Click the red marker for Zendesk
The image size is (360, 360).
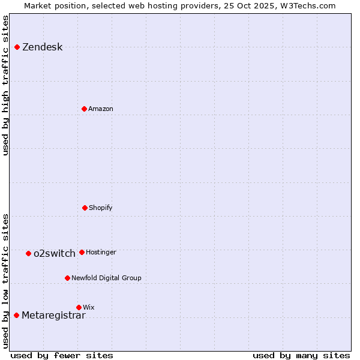click(x=17, y=47)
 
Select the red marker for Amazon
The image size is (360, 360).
click(x=85, y=109)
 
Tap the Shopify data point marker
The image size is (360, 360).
click(x=85, y=208)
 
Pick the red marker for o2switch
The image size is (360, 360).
click(x=28, y=253)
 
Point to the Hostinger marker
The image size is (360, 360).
click(x=82, y=252)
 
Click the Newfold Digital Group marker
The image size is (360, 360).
click(x=67, y=278)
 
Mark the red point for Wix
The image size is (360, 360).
click(x=79, y=307)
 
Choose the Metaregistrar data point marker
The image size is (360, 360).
click(x=16, y=315)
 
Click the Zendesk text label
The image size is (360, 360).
click(x=42, y=47)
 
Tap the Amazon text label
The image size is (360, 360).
click(x=101, y=109)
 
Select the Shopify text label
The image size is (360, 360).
click(x=101, y=208)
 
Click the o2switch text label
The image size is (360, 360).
click(x=55, y=254)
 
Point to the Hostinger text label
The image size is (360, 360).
click(x=101, y=253)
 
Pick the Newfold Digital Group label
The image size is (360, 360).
click(x=106, y=278)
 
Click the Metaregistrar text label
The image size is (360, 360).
click(x=53, y=316)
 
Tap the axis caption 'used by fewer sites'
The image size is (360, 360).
click(x=62, y=355)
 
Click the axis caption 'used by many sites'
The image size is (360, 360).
click(x=301, y=355)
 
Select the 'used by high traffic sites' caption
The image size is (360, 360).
click(x=5, y=85)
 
